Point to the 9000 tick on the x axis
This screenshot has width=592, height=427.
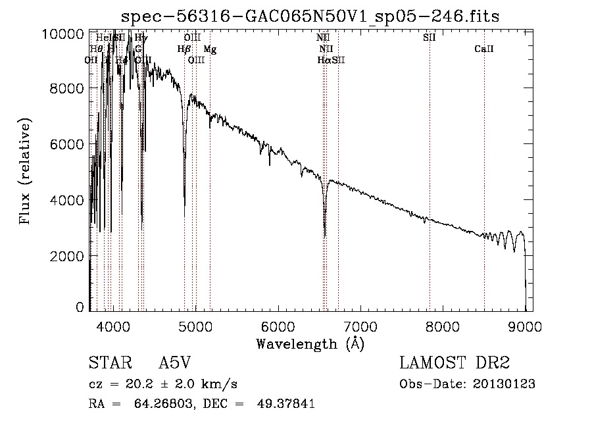[525, 327]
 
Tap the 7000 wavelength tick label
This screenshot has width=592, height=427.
[360, 327]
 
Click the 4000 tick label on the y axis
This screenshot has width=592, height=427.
[70, 200]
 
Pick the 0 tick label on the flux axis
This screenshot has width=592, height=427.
[80, 307]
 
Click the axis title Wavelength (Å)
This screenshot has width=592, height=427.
[310, 343]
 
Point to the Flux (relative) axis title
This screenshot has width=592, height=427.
[26, 172]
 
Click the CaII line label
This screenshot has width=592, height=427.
[484, 49]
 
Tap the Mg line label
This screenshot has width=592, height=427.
[209, 49]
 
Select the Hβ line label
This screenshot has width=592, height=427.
[184, 49]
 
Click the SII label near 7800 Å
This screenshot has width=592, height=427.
[430, 38]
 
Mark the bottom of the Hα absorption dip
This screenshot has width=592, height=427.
[324, 236]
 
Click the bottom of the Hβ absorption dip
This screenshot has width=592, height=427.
[184, 216]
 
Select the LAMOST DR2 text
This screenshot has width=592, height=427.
[454, 363]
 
